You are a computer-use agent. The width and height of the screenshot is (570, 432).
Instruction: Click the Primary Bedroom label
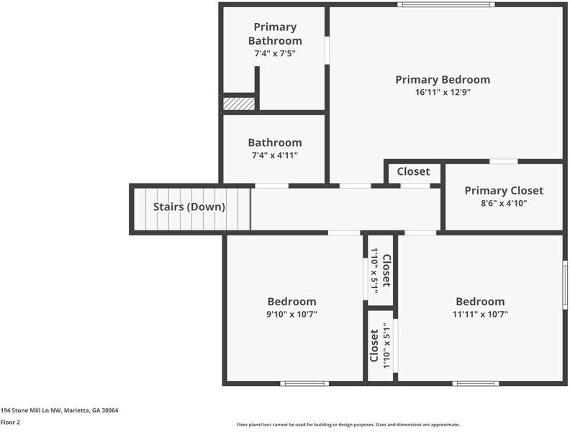pyautogui.click(x=443, y=79)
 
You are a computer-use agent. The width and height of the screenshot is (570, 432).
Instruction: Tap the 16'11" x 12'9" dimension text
pyautogui.click(x=443, y=92)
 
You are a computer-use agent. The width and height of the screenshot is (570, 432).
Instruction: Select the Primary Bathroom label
pyautogui.click(x=275, y=34)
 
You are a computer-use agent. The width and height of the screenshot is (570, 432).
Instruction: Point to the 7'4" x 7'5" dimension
pyautogui.click(x=275, y=53)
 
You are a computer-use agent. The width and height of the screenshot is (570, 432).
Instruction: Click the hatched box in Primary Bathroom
pyautogui.click(x=239, y=104)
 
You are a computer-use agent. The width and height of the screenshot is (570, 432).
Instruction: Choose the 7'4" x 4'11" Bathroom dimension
pyautogui.click(x=275, y=155)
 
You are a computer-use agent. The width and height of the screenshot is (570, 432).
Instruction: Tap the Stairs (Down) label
pyautogui.click(x=189, y=207)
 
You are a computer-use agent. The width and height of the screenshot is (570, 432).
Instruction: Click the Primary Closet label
pyautogui.click(x=504, y=190)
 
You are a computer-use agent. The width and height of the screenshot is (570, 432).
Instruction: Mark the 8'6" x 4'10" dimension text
pyautogui.click(x=504, y=203)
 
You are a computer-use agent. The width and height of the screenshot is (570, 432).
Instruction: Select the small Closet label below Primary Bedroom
pyautogui.click(x=413, y=171)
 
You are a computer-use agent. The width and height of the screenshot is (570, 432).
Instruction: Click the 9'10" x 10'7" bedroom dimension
pyautogui.click(x=291, y=314)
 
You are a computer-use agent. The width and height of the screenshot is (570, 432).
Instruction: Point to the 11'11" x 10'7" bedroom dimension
pyautogui.click(x=480, y=314)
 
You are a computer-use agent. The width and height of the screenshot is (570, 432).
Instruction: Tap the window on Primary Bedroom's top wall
pyautogui.click(x=446, y=5)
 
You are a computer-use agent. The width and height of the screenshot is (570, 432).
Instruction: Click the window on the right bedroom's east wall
pyautogui.click(x=565, y=284)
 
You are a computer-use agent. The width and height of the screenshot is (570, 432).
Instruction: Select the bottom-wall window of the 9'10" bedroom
pyautogui.click(x=304, y=383)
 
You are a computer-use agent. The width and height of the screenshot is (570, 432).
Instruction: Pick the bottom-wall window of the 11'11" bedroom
pyautogui.click(x=476, y=383)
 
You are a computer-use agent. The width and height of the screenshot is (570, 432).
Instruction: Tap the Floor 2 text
pyautogui.click(x=10, y=423)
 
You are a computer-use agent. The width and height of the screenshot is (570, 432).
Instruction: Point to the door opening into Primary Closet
pyautogui.click(x=503, y=161)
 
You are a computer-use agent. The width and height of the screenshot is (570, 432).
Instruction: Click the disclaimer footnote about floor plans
pyautogui.click(x=348, y=425)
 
